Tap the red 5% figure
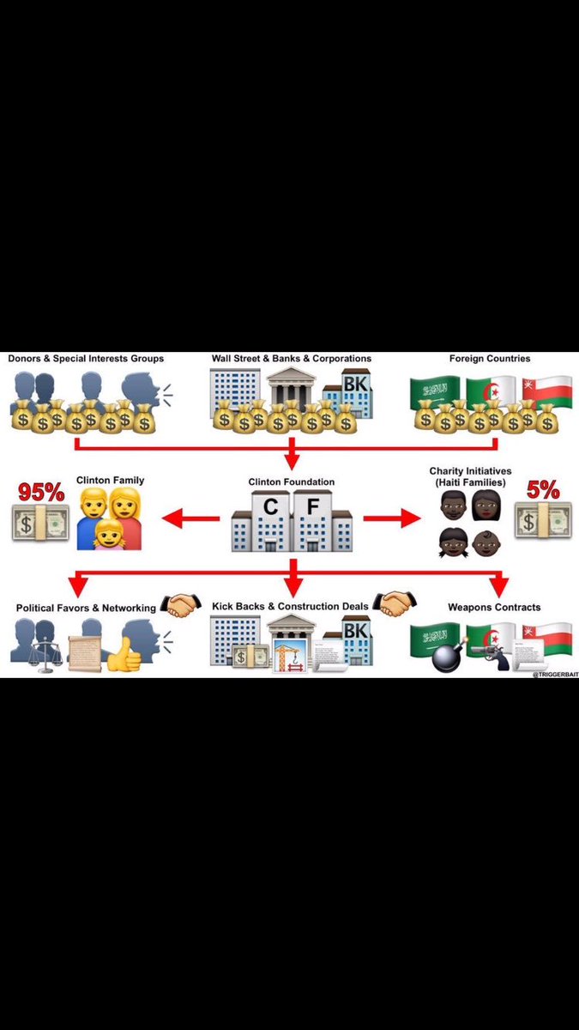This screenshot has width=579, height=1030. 543,490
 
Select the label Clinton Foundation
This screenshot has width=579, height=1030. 292,482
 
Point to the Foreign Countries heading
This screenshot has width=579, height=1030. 489,358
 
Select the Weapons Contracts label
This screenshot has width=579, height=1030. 494,608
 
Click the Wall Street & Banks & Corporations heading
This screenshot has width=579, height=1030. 292,358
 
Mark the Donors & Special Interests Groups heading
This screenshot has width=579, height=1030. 86,358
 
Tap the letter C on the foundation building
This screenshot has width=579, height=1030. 270,508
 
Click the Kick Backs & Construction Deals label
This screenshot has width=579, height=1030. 290,607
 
